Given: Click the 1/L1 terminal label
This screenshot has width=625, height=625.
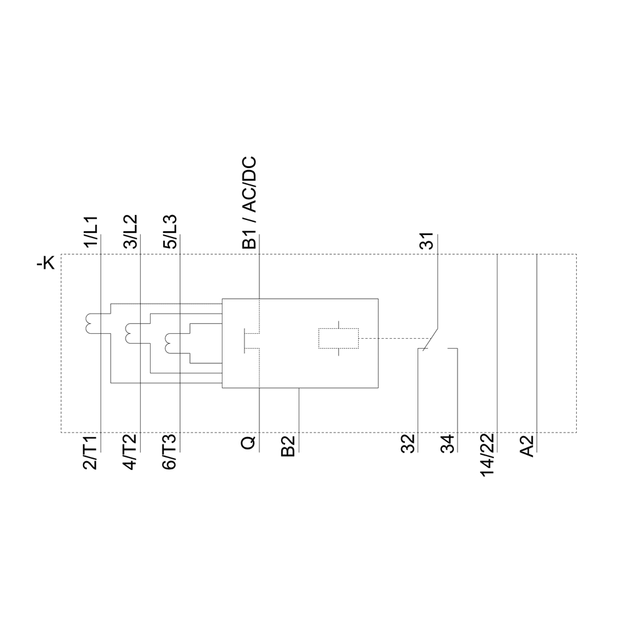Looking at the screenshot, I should point(91,232).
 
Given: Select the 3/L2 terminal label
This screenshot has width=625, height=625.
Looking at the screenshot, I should point(131,232).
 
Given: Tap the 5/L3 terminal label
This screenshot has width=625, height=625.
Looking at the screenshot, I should point(170,232).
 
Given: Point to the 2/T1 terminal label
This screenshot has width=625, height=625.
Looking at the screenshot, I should point(91,453).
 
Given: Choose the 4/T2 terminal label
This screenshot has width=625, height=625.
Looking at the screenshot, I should point(131,453).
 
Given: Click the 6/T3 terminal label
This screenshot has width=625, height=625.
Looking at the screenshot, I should point(170,453).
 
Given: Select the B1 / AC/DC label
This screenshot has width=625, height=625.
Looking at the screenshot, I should point(249,204).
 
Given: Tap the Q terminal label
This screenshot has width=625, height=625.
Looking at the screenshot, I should point(249,443).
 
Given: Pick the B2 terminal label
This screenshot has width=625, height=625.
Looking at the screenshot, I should point(287,446).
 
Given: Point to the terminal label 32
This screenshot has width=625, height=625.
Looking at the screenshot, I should point(408,444).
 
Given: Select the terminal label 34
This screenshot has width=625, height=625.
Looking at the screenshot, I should point(447,444).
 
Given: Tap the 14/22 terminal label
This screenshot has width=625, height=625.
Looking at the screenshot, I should point(487,455).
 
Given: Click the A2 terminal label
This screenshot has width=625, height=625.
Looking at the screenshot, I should point(527,446).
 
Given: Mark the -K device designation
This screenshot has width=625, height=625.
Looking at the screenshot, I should point(46,264).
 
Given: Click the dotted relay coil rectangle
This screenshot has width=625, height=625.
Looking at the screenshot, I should point(338,338).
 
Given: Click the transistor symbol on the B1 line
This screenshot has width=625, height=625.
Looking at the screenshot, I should point(250,341).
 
